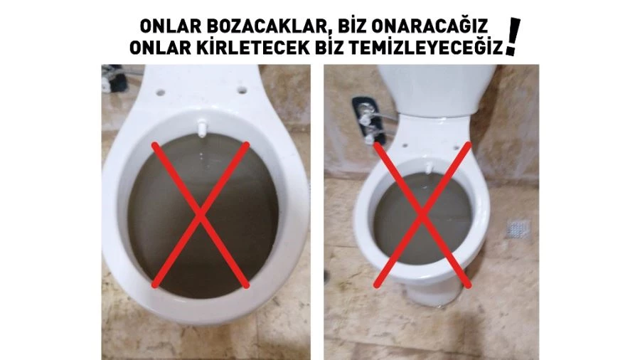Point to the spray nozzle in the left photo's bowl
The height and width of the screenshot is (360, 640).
coord(203,129)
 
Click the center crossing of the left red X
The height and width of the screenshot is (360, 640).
coord(201,213)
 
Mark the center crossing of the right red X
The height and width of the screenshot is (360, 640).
coord(422,213)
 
